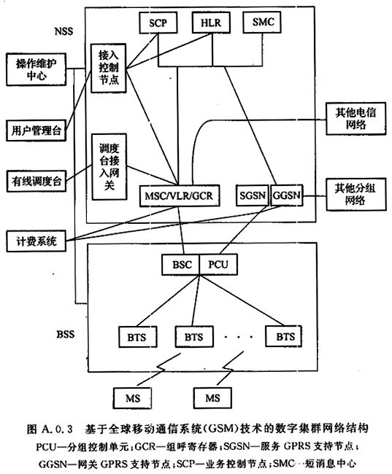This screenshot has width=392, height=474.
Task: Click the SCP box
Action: (x=158, y=23)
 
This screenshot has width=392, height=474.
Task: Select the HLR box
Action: (x=211, y=23)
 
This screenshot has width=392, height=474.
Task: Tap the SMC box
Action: (x=262, y=22)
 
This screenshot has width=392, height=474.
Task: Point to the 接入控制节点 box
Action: (x=108, y=68)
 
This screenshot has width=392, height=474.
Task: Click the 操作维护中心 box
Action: (x=36, y=69)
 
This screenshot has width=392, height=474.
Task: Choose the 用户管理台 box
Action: (x=36, y=131)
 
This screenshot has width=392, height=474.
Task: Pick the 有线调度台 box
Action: (x=36, y=181)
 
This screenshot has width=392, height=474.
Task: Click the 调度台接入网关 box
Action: (x=109, y=167)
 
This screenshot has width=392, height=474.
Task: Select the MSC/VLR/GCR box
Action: (x=180, y=196)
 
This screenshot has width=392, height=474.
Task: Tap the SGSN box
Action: (x=253, y=195)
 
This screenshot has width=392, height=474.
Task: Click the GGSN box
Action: (x=286, y=195)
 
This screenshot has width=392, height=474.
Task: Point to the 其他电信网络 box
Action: (x=356, y=118)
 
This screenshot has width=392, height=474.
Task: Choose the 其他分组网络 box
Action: (x=356, y=195)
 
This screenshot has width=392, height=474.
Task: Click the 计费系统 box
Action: (x=36, y=241)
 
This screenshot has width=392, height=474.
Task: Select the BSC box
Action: (x=181, y=265)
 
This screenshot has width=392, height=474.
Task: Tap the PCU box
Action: (x=218, y=265)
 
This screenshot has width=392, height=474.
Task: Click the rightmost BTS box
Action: (x=284, y=336)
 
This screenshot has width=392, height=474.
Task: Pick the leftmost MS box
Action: (x=133, y=398)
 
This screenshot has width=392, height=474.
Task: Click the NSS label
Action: (x=64, y=31)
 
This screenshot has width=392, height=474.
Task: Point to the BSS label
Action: (x=66, y=334)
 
